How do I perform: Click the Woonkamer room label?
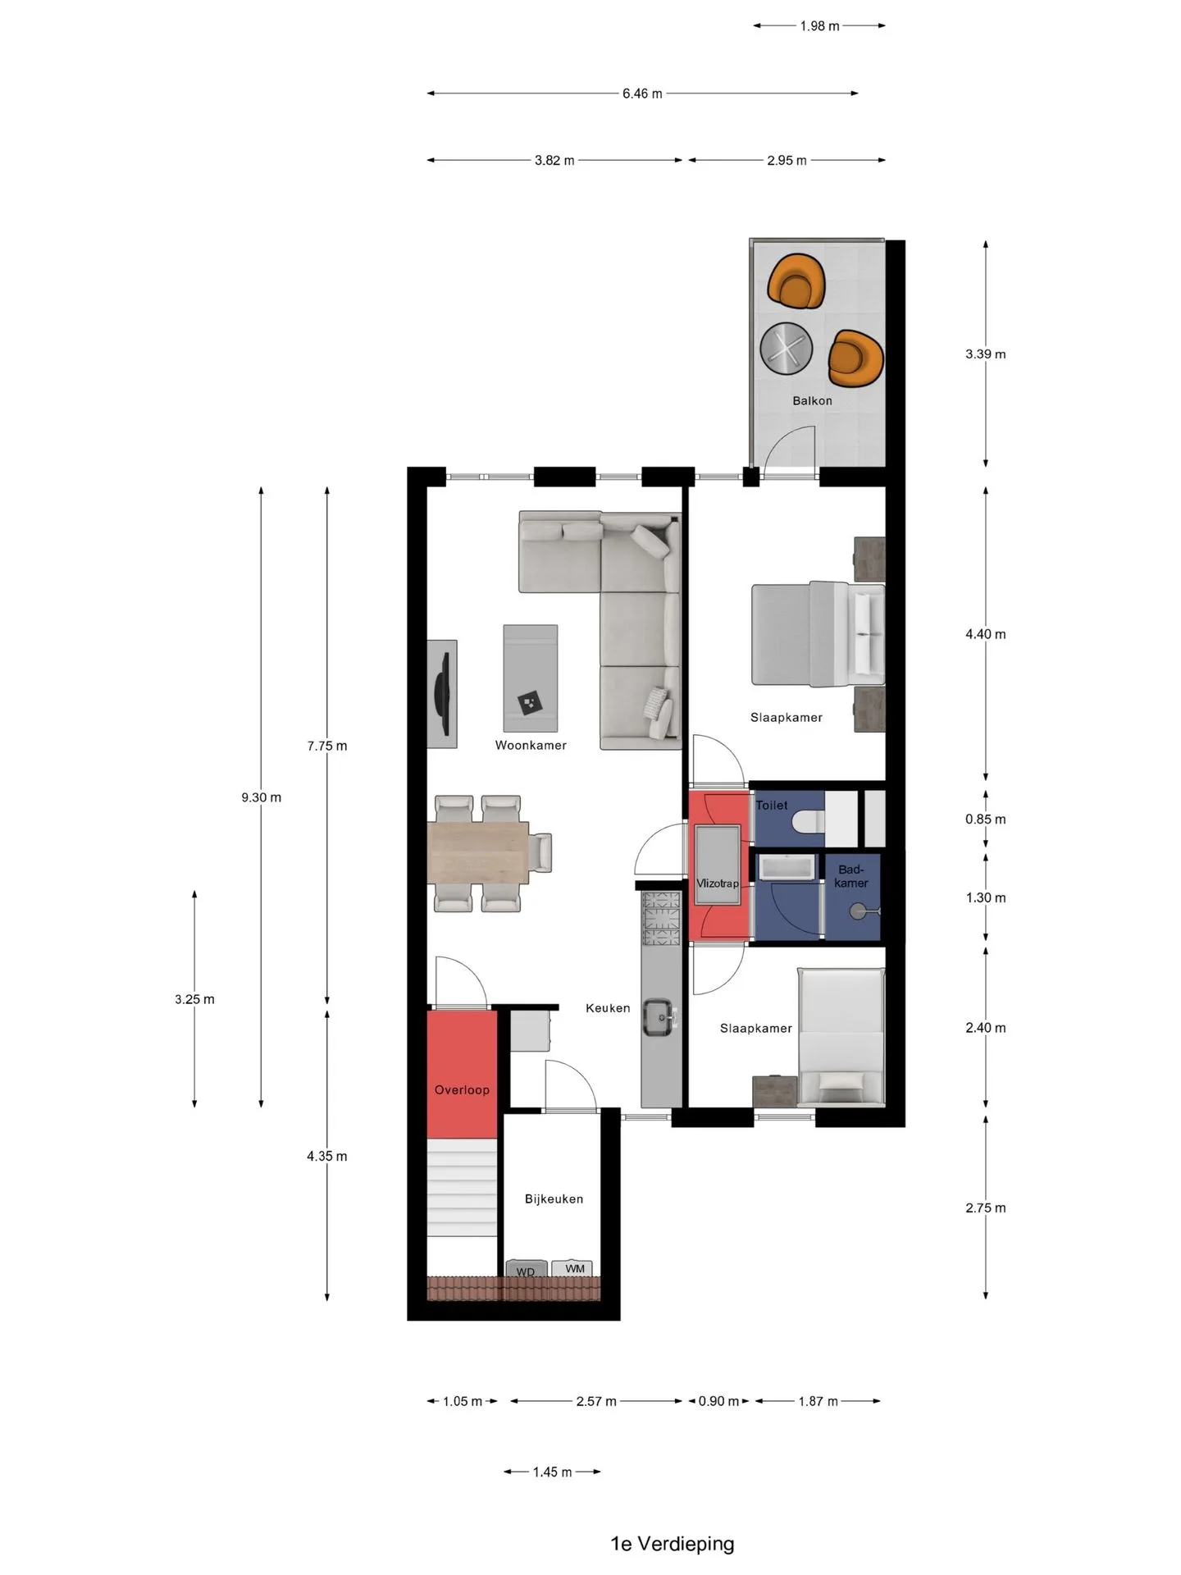531,745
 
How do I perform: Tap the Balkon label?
812,400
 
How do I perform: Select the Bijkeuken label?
554,1198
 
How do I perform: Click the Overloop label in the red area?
462,1089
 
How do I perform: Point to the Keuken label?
608,1007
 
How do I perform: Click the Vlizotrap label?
718,883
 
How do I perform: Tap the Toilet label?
772,805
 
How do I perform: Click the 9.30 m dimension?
261,797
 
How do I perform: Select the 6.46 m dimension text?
642,94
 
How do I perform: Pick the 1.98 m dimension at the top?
819,26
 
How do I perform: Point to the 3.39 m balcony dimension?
985,354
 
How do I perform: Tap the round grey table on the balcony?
787,348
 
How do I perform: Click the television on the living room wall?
443,694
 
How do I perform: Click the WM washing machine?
574,1269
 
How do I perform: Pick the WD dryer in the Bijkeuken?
526,1270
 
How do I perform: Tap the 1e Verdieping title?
672,1544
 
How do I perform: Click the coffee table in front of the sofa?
531,678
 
